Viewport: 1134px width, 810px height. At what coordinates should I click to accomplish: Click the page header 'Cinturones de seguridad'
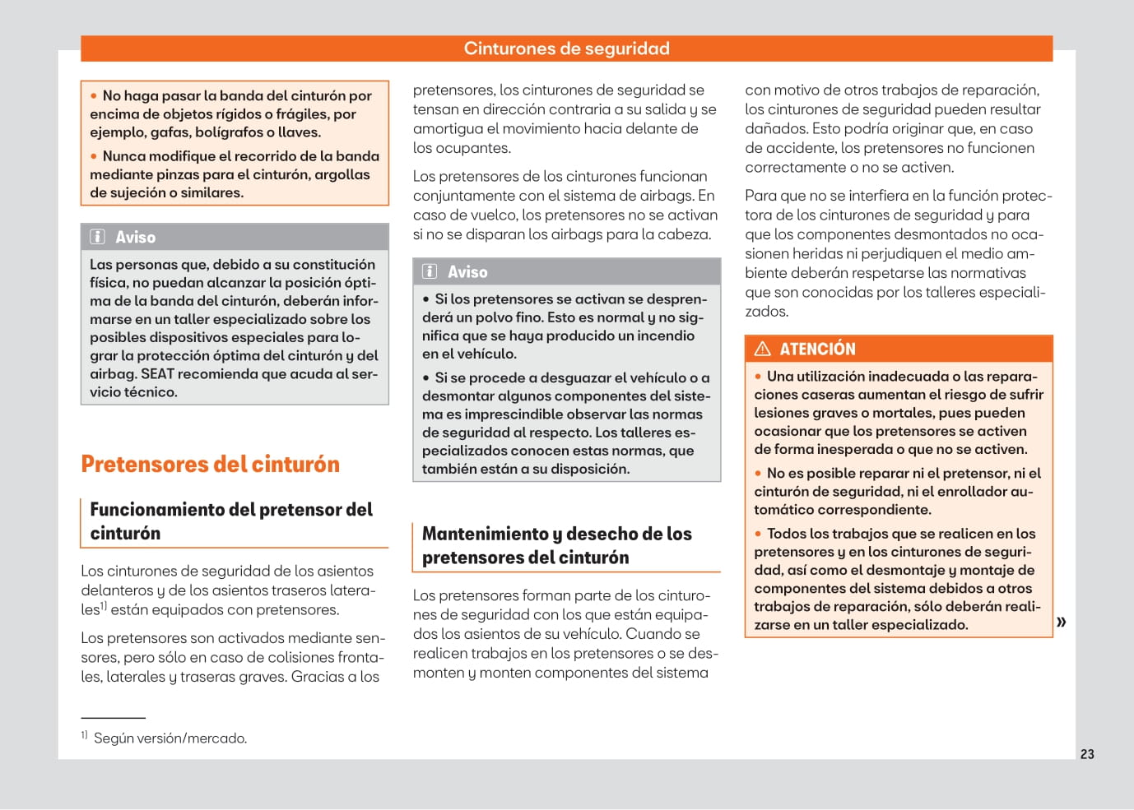[566, 49]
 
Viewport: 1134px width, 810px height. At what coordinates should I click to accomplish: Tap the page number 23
[1087, 754]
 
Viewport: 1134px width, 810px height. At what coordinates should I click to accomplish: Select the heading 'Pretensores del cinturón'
[210, 465]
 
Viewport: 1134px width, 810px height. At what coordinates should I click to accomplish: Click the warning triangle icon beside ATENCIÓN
[763, 349]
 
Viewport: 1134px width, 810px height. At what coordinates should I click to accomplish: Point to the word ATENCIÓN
[817, 349]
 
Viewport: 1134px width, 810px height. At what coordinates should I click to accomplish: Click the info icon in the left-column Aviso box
[97, 237]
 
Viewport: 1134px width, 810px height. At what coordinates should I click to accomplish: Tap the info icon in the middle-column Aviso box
[430, 271]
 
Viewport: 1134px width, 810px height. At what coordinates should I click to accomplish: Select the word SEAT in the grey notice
[157, 374]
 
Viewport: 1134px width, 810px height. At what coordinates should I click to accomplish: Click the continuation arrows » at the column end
[1062, 622]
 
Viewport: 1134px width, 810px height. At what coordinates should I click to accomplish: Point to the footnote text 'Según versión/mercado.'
[170, 738]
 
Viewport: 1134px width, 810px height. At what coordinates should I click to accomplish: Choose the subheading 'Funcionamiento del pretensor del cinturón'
[231, 521]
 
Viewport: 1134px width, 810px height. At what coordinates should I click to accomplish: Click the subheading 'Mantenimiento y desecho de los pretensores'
[557, 545]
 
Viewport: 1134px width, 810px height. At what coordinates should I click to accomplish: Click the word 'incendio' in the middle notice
[665, 336]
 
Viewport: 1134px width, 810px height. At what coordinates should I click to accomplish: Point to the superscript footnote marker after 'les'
[104, 606]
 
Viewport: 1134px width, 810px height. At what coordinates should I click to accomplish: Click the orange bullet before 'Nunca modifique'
[94, 156]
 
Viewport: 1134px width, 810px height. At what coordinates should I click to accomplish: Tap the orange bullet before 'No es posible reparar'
[758, 474]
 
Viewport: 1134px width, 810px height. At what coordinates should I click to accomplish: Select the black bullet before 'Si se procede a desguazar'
[426, 378]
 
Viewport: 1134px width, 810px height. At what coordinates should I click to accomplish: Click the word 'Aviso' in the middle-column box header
[467, 271]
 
